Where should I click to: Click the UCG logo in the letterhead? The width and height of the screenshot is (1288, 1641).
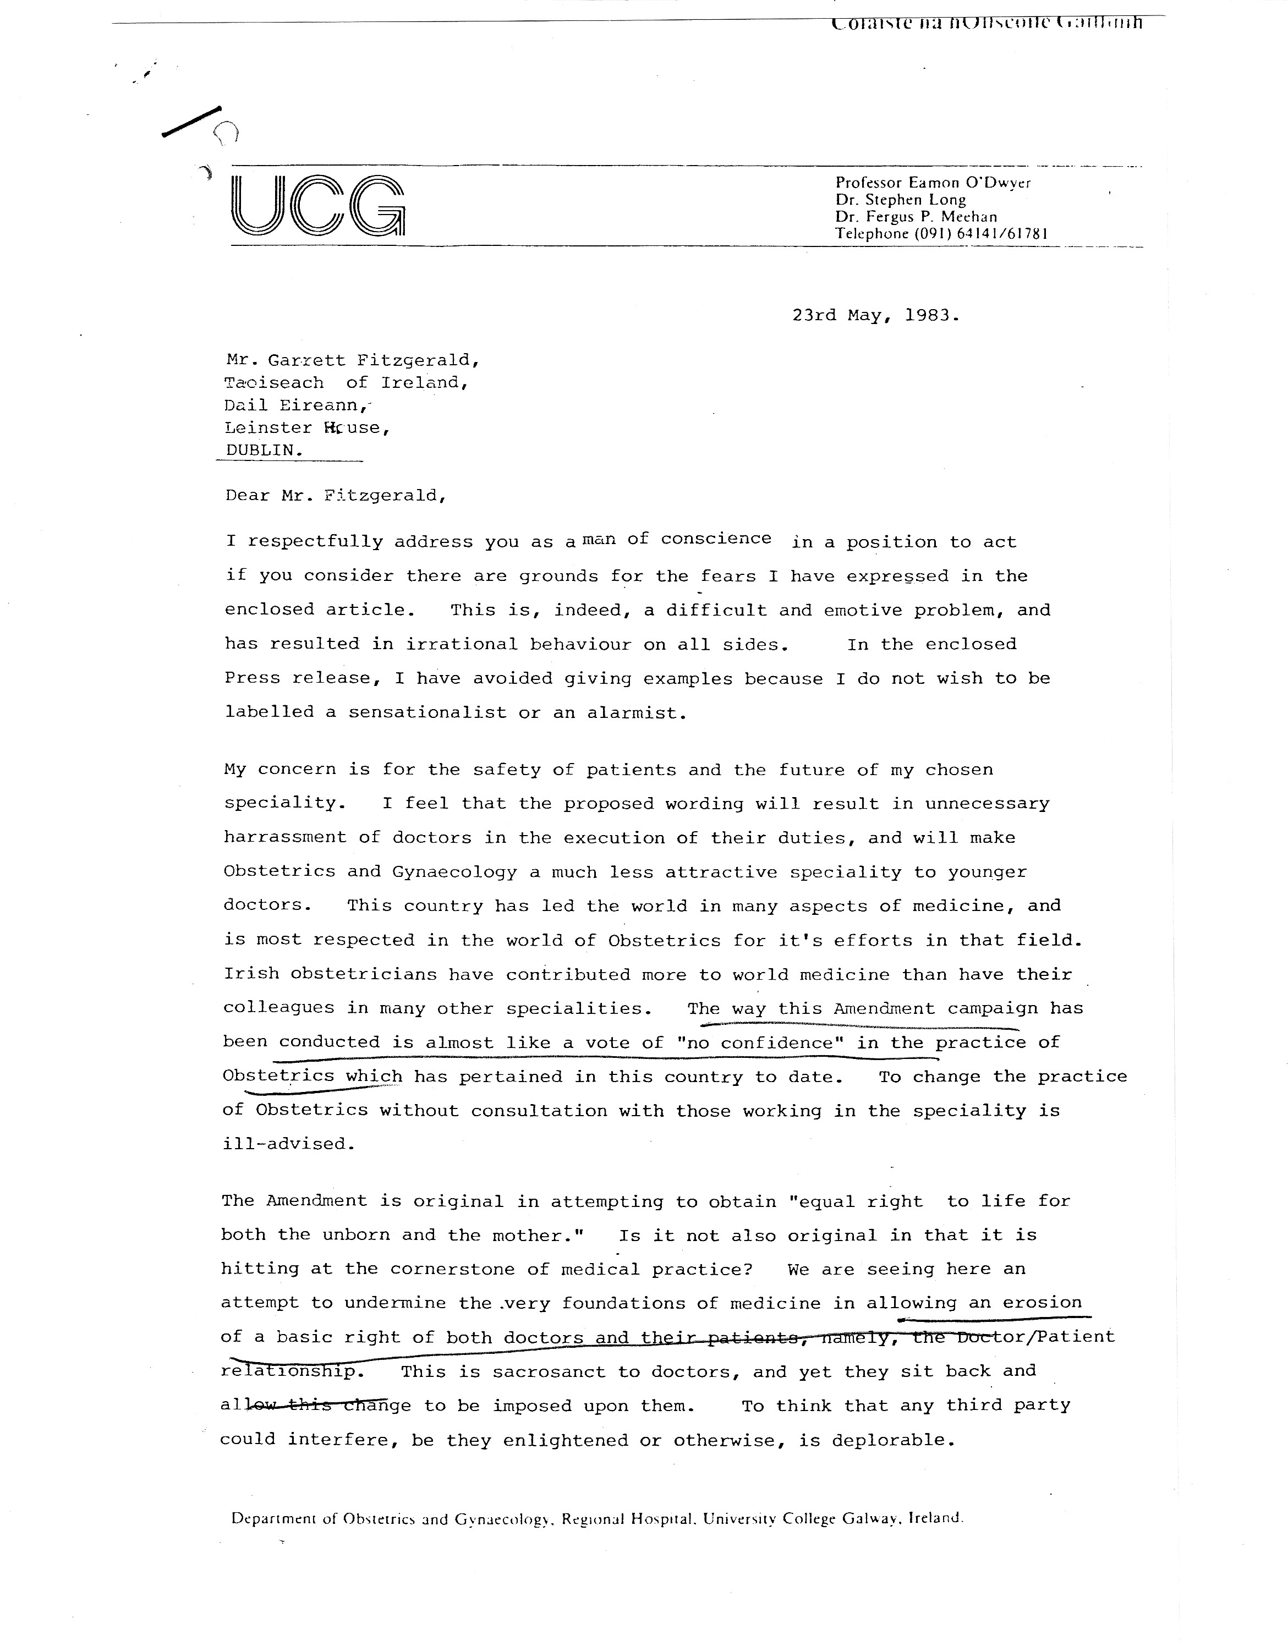[317, 205]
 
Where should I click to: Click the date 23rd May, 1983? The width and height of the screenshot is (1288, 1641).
[875, 316]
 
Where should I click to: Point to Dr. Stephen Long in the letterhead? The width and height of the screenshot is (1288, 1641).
[901, 200]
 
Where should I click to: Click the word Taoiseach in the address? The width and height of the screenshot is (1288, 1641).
[275, 383]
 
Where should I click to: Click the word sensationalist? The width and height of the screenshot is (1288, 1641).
[427, 712]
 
